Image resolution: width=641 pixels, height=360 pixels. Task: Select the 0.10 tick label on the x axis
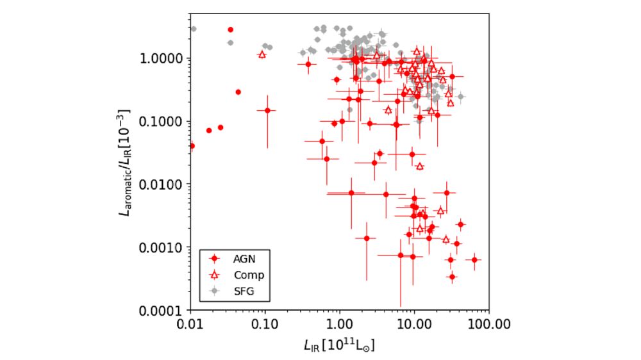click(265, 323)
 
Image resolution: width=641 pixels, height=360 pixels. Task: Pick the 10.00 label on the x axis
click(414, 323)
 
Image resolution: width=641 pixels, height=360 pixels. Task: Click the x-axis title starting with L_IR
click(339, 345)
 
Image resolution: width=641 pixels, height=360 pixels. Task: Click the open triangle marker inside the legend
click(216, 275)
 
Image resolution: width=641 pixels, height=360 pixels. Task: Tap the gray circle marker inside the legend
click(216, 291)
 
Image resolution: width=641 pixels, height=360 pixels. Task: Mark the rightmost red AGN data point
click(474, 259)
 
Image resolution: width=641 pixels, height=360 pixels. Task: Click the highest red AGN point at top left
click(231, 29)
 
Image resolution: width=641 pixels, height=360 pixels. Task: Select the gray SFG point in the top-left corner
click(193, 29)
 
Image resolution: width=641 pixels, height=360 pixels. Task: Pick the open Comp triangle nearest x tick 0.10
click(262, 54)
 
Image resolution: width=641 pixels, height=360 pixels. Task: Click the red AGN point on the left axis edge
click(192, 146)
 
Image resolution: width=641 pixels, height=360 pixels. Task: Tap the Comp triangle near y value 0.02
click(420, 166)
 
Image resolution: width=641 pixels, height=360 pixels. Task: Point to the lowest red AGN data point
click(452, 277)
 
